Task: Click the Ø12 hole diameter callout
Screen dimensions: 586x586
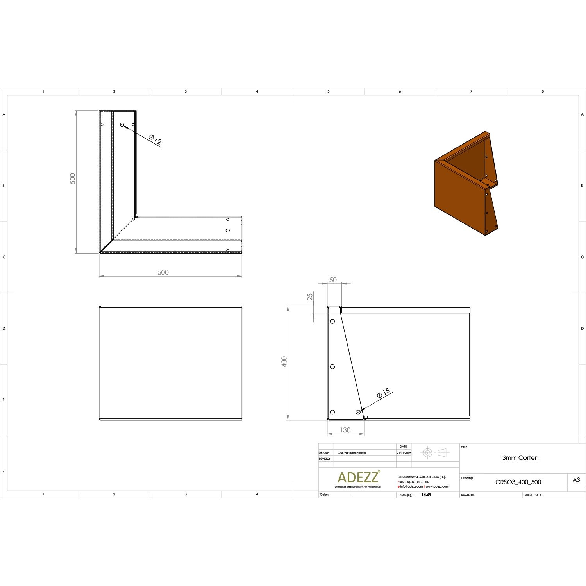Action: (155, 139)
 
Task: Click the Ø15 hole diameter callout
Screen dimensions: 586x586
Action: (384, 393)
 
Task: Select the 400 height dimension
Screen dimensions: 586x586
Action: (284, 361)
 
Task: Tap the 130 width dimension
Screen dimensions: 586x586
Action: (345, 430)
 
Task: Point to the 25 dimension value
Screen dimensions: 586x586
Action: (310, 297)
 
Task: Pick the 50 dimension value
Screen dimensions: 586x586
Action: (333, 280)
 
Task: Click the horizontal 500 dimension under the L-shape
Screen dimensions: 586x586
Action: (163, 272)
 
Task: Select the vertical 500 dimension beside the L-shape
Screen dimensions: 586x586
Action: (73, 179)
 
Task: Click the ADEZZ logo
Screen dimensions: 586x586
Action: (358, 477)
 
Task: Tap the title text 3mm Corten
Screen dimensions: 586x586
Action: (520, 458)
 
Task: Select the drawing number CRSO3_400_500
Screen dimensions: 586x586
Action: (518, 482)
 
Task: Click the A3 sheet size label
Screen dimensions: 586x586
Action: (576, 480)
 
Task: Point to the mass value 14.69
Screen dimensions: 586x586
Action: (426, 495)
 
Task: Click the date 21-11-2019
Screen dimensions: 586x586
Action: (404, 453)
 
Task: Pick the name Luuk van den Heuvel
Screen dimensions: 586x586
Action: (351, 453)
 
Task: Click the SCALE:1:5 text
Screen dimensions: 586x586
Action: (468, 495)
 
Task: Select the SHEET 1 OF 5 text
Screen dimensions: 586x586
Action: (533, 495)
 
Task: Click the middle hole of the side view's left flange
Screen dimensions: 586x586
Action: (332, 367)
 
